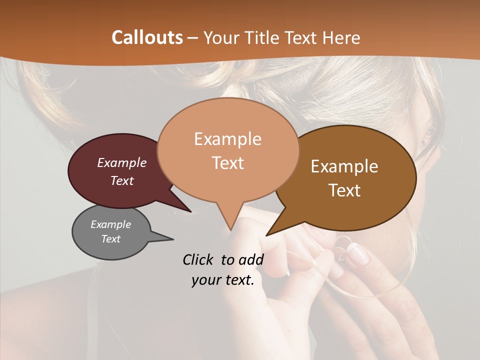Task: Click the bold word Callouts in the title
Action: [x=147, y=37]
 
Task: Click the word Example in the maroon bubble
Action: [x=122, y=162]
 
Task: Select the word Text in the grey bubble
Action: [x=111, y=239]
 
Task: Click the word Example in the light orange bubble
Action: [x=227, y=139]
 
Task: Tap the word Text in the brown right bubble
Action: [x=345, y=190]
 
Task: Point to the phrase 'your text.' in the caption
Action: [x=223, y=280]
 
